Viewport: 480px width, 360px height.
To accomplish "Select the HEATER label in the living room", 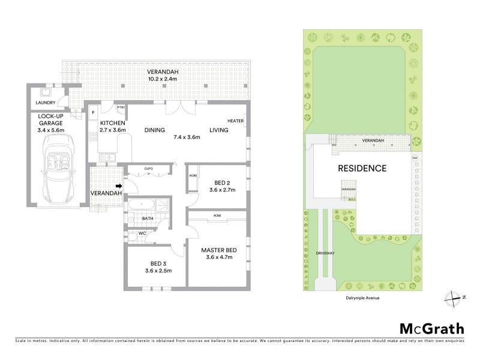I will pos(236,120).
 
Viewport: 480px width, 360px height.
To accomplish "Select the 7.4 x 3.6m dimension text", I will pos(187,137).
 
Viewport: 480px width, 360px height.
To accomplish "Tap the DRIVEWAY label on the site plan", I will pos(325,253).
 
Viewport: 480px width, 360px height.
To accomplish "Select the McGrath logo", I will pos(431,328).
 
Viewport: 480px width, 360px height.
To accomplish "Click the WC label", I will pos(142,233).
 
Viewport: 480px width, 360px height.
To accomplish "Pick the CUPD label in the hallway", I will pos(149,169).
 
